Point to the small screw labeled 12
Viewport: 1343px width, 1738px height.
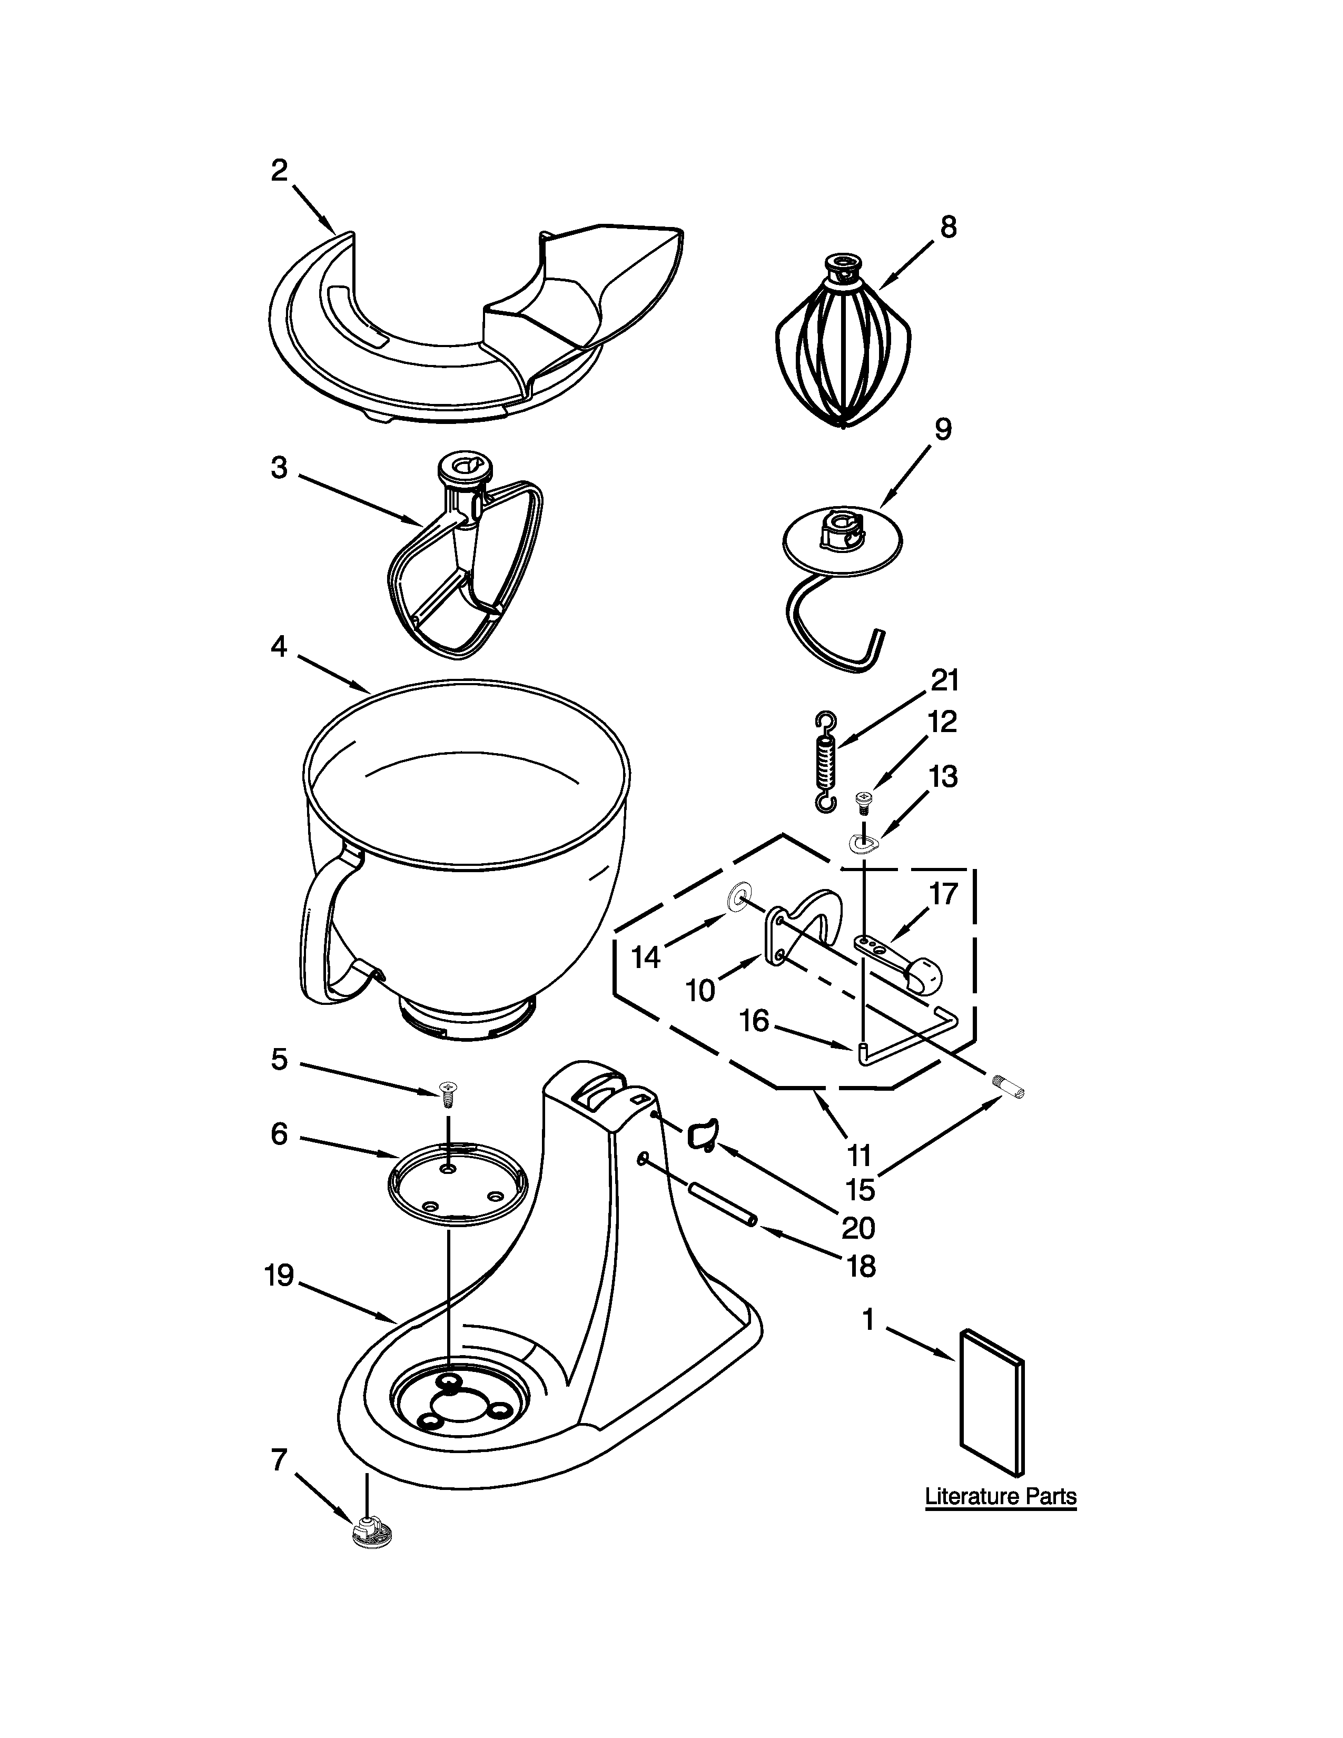861,801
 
